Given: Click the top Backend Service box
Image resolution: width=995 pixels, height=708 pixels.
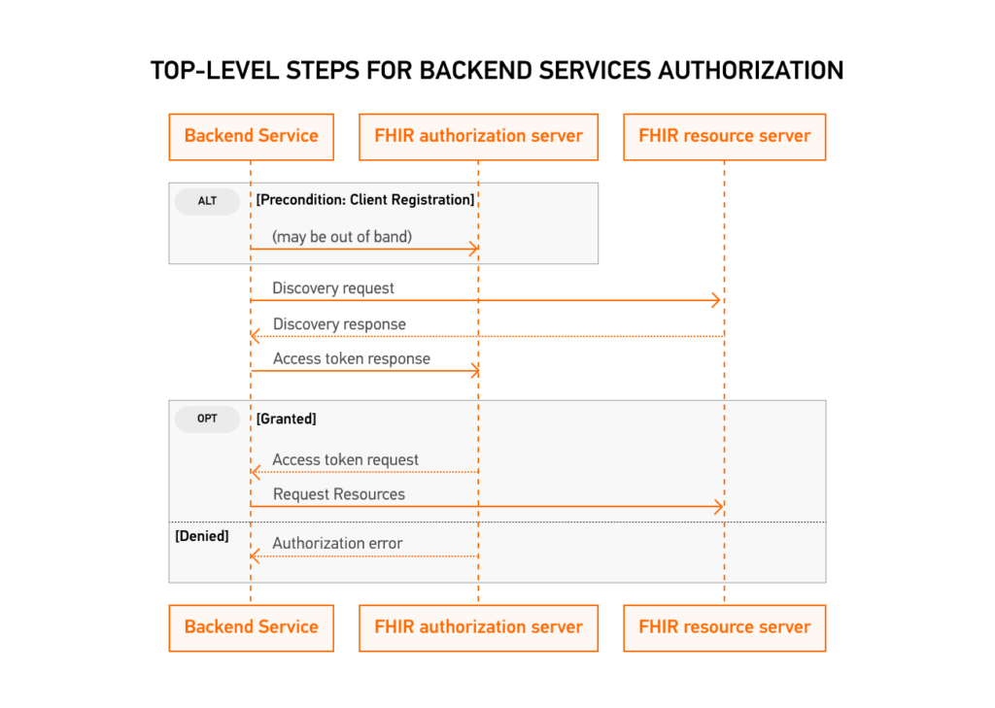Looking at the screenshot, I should (251, 137).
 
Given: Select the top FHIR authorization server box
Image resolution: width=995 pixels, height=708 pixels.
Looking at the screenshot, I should (478, 137).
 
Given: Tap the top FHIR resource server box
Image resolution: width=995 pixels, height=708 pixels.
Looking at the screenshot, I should (724, 137).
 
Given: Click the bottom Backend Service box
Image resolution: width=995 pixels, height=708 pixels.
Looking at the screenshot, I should (251, 627).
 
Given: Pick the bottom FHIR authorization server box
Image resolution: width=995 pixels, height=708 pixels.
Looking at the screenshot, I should (478, 627).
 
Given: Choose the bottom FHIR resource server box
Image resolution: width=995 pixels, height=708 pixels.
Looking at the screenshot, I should (724, 627).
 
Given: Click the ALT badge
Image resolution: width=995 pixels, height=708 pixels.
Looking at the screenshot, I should (207, 202).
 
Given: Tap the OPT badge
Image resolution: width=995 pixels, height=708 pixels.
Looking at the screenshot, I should (207, 420).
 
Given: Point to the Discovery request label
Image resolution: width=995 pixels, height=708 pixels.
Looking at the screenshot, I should (333, 288).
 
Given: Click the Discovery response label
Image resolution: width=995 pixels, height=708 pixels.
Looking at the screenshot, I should (339, 324).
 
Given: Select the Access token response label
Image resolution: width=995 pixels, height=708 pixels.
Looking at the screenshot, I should (351, 358).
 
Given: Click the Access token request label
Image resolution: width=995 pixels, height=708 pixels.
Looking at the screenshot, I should (345, 459).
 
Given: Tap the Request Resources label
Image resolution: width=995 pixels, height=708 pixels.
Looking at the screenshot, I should (338, 494).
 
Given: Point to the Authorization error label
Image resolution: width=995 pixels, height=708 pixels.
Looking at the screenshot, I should (337, 544).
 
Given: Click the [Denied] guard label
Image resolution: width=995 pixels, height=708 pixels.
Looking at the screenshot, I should (202, 536).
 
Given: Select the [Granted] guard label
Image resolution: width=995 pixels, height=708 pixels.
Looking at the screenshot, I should (287, 420).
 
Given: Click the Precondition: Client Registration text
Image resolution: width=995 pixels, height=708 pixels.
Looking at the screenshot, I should (365, 200).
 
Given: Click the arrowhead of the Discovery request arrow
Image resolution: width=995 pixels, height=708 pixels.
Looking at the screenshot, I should (718, 301).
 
